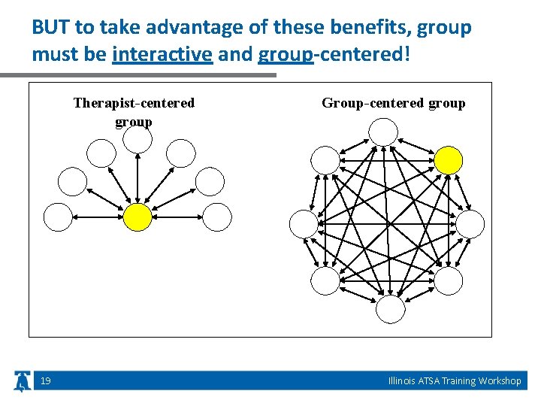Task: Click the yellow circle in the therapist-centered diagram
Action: pyautogui.click(x=137, y=217)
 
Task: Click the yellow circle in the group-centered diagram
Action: pyautogui.click(x=449, y=159)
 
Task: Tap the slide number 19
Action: pyautogui.click(x=46, y=381)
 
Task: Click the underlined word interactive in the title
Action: pyautogui.click(x=162, y=55)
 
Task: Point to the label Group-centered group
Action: pyautogui.click(x=393, y=103)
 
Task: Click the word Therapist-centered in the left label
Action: pyautogui.click(x=134, y=103)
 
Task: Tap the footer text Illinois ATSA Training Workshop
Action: pyautogui.click(x=455, y=381)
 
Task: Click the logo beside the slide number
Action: pyautogui.click(x=23, y=381)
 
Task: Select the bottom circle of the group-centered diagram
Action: pyautogui.click(x=390, y=309)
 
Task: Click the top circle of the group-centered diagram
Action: pyautogui.click(x=383, y=133)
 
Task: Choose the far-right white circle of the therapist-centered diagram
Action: pyautogui.click(x=217, y=217)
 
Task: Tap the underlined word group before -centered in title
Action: pyautogui.click(x=285, y=55)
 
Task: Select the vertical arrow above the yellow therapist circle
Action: pyautogui.click(x=137, y=177)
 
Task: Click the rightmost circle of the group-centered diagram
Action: pyautogui.click(x=470, y=223)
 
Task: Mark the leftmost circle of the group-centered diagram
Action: pyautogui.click(x=304, y=223)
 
